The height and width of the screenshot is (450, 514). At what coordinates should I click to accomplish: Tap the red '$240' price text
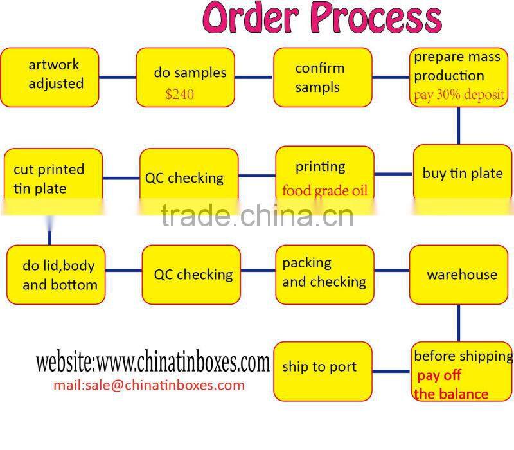(179, 94)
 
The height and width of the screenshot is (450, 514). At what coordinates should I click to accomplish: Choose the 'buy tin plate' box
(462, 173)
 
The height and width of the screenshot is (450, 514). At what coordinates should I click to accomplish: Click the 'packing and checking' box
(324, 274)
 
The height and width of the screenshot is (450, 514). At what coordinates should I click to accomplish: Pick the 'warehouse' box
(461, 274)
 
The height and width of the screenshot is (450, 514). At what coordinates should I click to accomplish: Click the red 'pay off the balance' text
(450, 384)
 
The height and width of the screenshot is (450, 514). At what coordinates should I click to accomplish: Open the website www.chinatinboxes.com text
(152, 363)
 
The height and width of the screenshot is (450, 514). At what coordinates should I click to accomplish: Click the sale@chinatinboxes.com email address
(148, 385)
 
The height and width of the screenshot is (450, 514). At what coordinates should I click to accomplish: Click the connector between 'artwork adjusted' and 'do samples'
(118, 77)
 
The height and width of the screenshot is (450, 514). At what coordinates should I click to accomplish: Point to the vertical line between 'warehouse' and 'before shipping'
(458, 323)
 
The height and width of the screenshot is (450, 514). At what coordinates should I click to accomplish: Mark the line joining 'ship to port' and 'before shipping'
(391, 371)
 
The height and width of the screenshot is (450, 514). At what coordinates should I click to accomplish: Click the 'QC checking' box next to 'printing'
(188, 177)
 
